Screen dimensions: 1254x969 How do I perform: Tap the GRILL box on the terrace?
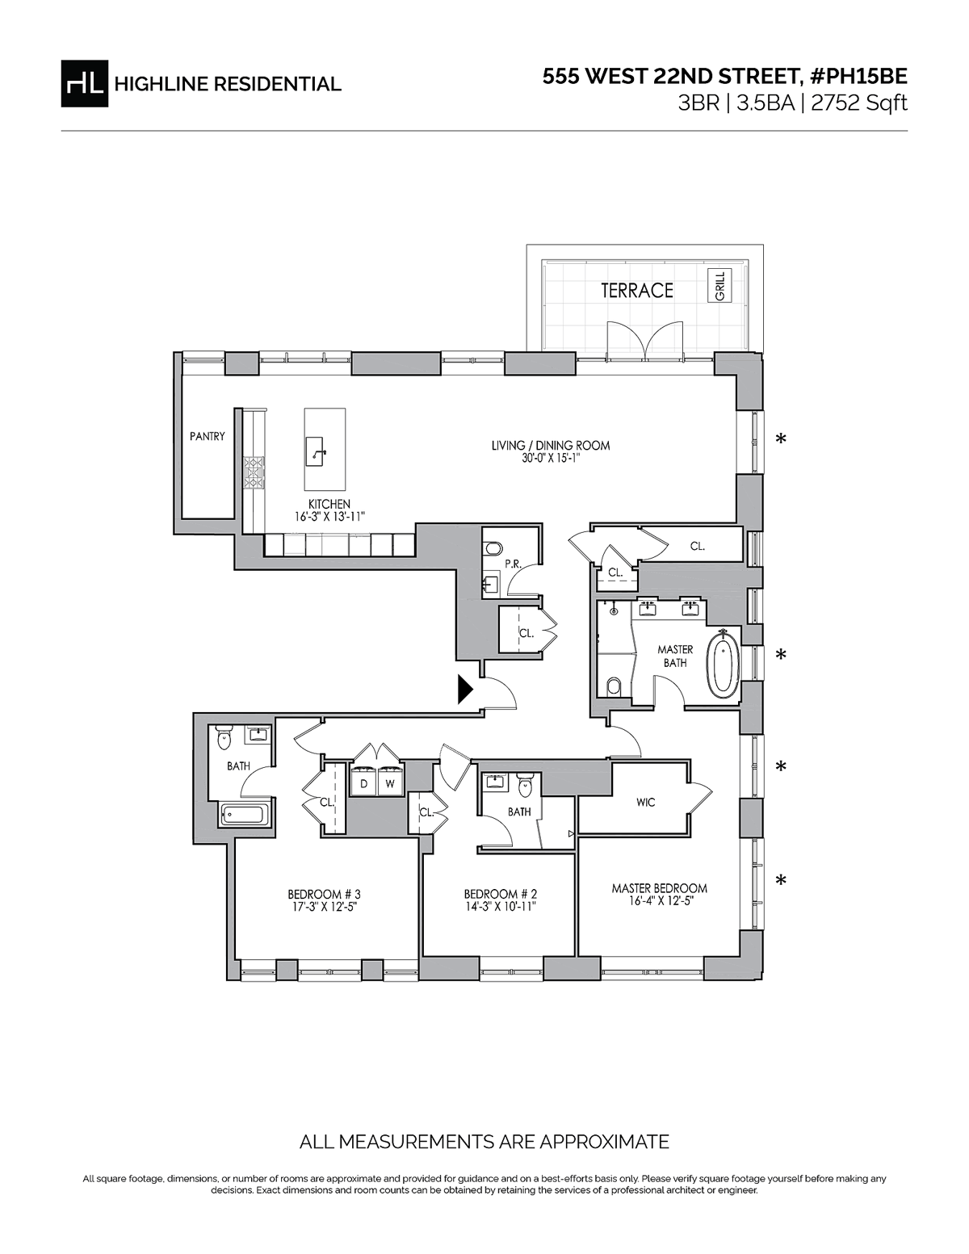click(720, 287)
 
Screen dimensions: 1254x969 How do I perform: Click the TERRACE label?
click(636, 291)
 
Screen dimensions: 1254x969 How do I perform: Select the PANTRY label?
click(208, 436)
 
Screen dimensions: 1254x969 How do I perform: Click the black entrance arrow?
click(465, 689)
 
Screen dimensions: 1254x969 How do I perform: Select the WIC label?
click(645, 802)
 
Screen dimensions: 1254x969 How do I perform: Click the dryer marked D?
click(364, 783)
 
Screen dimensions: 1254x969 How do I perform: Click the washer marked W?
click(389, 783)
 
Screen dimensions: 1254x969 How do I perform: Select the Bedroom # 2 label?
click(500, 894)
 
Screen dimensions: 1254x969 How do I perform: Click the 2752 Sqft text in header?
click(864, 103)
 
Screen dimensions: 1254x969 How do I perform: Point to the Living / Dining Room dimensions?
click(551, 458)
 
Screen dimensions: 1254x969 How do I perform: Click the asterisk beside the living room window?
click(780, 439)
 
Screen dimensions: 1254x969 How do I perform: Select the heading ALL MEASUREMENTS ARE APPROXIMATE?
click(484, 1142)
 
